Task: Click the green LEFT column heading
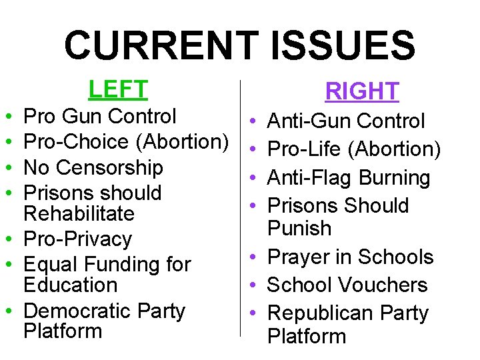coord(118,89)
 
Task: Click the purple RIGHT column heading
coord(362,91)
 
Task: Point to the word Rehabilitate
coord(79,213)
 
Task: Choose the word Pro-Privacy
coord(77,239)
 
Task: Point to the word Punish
coord(299,228)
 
